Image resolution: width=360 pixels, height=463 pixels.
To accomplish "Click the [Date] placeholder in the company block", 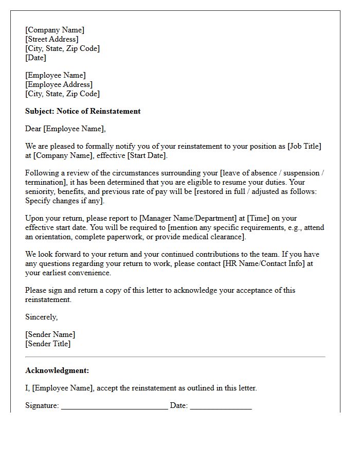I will point(36,58).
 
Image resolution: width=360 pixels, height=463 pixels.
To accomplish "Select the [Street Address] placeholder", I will point(52,39).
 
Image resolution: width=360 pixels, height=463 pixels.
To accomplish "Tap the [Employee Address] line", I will point(59,84).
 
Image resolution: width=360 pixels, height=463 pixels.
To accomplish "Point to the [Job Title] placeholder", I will point(304,146).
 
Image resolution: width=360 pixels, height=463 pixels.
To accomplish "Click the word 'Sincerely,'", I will point(42,317).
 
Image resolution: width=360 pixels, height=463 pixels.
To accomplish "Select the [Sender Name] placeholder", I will point(50,334).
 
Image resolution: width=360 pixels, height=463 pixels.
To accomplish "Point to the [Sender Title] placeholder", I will point(48,344).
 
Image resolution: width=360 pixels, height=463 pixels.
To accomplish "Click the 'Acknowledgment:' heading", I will point(57,370).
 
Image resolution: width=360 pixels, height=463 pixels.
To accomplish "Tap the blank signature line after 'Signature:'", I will point(114,406).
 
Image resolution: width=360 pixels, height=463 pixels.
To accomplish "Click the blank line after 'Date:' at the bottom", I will point(221,406).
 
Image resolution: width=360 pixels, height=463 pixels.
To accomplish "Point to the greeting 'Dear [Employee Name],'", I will point(65,129).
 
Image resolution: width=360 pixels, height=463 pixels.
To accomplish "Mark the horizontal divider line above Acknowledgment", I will point(175,357).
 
